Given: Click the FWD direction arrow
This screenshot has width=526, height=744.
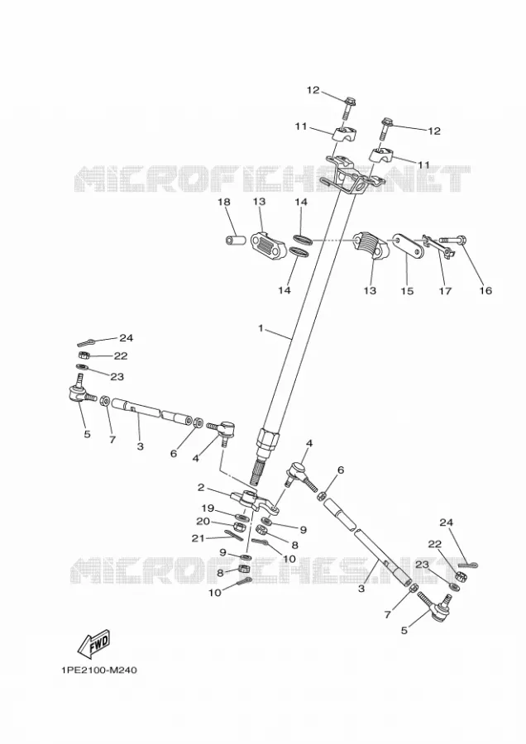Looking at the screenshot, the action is [94, 643].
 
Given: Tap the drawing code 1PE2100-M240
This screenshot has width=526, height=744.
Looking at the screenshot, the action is [98, 670].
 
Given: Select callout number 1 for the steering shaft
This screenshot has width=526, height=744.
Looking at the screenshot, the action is [261, 328].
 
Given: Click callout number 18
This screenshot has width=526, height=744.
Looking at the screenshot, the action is [224, 203].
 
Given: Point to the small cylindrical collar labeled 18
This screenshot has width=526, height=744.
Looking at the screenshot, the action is [235, 240].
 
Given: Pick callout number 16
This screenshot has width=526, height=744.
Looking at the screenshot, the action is [485, 290].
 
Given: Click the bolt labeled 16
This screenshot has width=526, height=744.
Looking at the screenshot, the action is [453, 240].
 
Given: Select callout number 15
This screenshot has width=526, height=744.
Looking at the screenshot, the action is [407, 291].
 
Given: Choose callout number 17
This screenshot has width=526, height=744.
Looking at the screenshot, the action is [445, 291].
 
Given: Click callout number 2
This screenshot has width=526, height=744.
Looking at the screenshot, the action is [201, 487].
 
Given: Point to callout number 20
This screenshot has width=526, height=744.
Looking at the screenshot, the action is [203, 522].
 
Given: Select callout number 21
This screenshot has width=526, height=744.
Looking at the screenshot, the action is [198, 537].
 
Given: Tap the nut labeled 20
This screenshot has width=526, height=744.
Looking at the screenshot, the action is [240, 527].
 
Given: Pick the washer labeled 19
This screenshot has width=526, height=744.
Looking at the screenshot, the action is [241, 516].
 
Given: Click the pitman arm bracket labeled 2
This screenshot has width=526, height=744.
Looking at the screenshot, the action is [254, 501].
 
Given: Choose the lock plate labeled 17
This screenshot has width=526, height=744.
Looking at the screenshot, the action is [438, 246].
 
